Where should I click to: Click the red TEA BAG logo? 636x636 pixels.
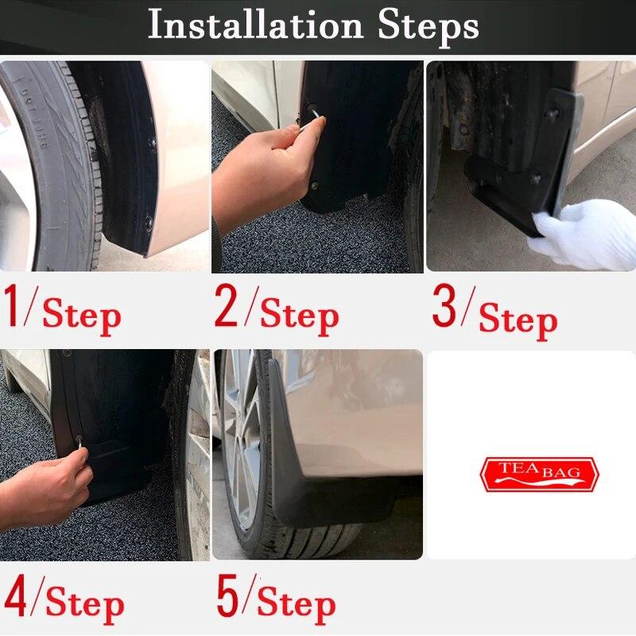tap(538, 474)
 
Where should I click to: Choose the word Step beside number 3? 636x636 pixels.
tap(518, 320)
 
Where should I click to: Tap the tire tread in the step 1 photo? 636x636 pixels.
tap(56, 159)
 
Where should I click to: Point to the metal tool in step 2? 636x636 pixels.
tap(315, 122)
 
